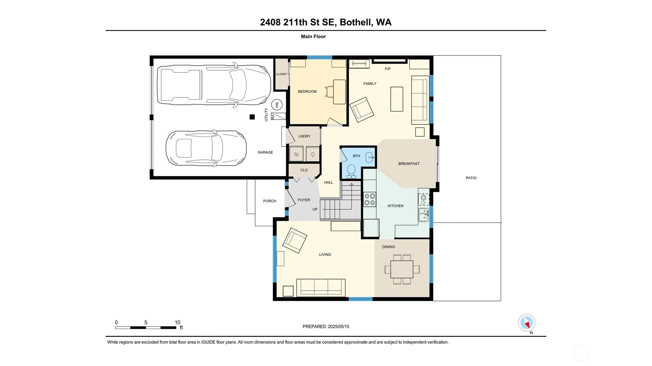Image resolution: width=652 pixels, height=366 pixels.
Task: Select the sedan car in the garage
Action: point(206,148)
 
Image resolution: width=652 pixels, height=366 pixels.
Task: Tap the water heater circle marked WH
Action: point(277,105)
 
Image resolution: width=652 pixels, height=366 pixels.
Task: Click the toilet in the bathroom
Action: point(351,171)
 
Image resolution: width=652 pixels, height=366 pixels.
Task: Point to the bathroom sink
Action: point(370,157)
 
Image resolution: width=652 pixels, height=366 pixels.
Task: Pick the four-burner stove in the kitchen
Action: point(370,199)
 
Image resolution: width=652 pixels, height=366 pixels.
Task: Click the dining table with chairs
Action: point(402,269)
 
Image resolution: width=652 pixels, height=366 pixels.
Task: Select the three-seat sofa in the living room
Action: point(321,287)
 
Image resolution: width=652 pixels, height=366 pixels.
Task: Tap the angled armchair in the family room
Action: point(361,110)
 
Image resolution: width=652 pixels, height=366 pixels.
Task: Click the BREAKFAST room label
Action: point(409,164)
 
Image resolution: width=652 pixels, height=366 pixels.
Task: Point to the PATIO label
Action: point(471,178)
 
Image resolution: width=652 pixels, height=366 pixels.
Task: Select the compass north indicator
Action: point(527,323)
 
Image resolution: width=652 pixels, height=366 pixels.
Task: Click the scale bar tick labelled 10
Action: point(178,322)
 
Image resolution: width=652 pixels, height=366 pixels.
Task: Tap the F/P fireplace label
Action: point(388,69)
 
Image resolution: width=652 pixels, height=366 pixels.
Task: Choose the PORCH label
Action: point(270,201)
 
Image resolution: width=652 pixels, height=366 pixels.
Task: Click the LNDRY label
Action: point(304,136)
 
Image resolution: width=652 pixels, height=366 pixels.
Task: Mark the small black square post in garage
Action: point(252,117)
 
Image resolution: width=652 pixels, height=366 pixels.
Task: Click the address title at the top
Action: point(326,22)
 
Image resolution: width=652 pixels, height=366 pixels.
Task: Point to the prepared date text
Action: point(326,327)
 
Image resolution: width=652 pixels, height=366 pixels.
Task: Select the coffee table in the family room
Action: point(397,99)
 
